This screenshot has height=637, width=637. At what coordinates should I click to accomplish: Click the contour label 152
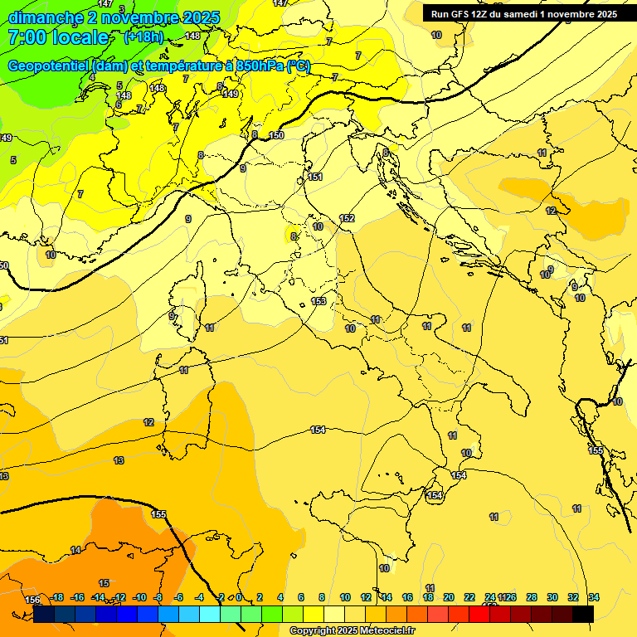tap(347, 218)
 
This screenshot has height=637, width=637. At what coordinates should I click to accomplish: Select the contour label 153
tap(318, 301)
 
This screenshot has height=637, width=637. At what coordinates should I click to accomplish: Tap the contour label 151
tap(315, 177)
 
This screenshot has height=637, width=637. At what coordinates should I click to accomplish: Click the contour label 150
tap(276, 135)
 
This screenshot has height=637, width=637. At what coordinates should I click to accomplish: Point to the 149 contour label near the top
tap(231, 94)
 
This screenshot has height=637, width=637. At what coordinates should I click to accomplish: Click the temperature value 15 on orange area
tap(104, 583)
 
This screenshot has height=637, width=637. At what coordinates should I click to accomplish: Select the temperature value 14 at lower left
tap(75, 550)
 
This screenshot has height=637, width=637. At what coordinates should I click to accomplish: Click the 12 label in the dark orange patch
tap(551, 211)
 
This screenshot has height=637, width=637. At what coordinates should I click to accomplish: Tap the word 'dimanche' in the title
tap(46, 17)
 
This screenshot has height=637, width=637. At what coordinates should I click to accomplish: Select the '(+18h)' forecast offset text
tap(143, 37)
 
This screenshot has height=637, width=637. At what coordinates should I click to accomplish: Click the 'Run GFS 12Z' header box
tap(523, 14)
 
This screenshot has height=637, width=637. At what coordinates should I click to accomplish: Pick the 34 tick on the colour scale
tap(594, 597)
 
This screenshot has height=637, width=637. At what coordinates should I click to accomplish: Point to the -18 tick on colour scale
tap(57, 597)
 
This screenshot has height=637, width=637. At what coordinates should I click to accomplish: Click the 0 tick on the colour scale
tap(239, 597)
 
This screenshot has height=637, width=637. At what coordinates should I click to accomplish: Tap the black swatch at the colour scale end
tap(583, 614)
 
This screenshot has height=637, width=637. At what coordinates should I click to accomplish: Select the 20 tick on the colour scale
tap(449, 597)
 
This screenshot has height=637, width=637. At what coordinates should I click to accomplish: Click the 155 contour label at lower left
tap(158, 514)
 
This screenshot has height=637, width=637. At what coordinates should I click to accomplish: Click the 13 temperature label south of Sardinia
tap(119, 460)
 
